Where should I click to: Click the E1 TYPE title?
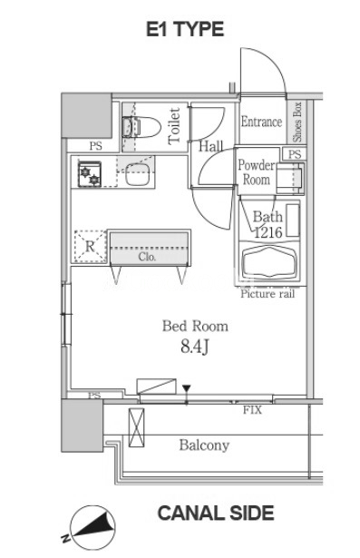click(x=185, y=29)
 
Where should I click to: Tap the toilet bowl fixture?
click(x=141, y=127)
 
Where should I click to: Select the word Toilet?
click(x=175, y=126)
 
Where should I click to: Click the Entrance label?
click(x=261, y=122)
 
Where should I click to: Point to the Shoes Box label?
click(x=297, y=122)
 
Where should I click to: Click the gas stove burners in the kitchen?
click(x=90, y=173)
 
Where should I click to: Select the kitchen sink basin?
click(x=137, y=174)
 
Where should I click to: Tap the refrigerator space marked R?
click(x=91, y=247)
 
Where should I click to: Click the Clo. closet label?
click(x=147, y=257)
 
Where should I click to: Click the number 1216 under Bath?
click(x=268, y=232)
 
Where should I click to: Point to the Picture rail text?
click(x=268, y=294)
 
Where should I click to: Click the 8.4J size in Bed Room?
click(x=194, y=346)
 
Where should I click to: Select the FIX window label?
click(x=253, y=410)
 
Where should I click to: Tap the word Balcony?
click(x=204, y=445)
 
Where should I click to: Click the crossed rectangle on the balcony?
click(x=137, y=427)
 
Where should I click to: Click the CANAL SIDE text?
click(x=216, y=514)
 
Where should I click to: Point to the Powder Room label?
click(x=257, y=172)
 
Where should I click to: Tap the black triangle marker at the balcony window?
click(x=187, y=388)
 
